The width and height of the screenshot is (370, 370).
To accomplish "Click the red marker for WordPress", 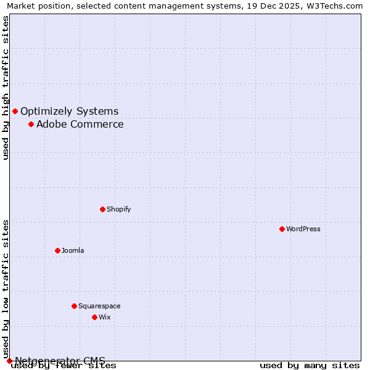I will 282,229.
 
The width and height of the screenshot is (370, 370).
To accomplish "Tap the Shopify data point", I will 102,209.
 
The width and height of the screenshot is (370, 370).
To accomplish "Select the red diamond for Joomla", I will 57,250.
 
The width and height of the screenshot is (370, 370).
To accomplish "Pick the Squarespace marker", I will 74,306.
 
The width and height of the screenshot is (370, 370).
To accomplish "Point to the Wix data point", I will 94,317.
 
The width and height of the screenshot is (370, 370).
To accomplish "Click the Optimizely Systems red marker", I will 15,111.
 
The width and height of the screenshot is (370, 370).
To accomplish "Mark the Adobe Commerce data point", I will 31,124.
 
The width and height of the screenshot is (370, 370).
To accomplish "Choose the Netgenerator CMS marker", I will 9,361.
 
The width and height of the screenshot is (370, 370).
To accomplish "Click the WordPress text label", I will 303,229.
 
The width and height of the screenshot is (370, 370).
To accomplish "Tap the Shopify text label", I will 119,209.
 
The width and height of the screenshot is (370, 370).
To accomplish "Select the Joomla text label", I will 73,250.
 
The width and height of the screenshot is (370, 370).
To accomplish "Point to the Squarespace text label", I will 99,306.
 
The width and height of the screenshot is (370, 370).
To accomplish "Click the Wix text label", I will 105,317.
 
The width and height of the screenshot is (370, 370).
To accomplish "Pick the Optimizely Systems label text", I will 70,111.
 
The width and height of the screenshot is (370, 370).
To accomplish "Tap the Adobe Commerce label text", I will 80,124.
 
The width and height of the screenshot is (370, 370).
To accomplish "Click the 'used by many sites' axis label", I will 310,365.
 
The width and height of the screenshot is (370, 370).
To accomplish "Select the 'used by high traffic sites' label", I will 6,88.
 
